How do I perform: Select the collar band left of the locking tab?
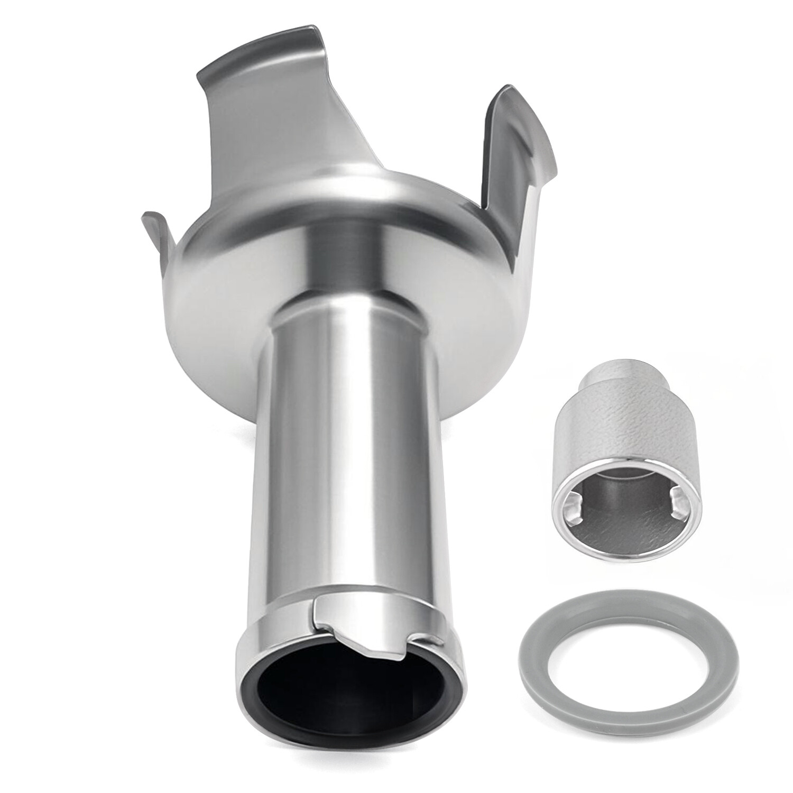[275, 621]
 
